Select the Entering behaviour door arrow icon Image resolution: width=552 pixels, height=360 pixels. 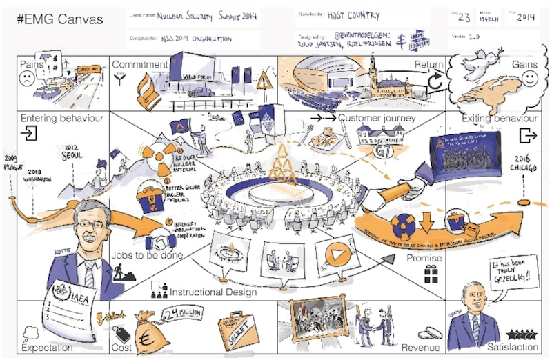pyautogui.click(x=29, y=132)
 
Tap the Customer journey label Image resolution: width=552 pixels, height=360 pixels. pyautogui.click(x=377, y=118)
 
